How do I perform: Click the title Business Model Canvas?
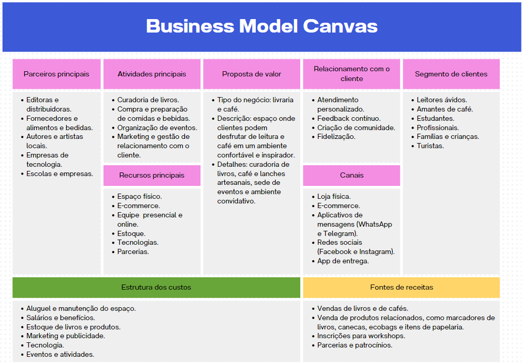tap(261, 26)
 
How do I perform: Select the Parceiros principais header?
tap(56, 74)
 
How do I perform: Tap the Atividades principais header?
tap(152, 74)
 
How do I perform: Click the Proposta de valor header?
tap(252, 74)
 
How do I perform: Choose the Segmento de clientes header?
tap(451, 74)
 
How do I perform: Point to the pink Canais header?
tap(351, 175)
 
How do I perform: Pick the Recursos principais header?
tap(152, 175)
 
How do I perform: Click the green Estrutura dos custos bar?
tap(156, 287)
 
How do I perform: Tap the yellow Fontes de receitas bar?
tap(402, 287)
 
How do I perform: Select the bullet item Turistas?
tap(430, 146)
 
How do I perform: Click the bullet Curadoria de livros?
tap(148, 100)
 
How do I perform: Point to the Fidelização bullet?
tap(336, 137)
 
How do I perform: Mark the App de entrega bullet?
tap(343, 261)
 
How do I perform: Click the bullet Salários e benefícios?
tap(61, 318)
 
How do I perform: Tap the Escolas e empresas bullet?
tap(60, 174)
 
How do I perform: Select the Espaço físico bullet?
tap(140, 197)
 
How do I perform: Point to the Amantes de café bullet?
tap(445, 109)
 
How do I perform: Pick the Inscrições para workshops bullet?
tap(361, 336)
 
